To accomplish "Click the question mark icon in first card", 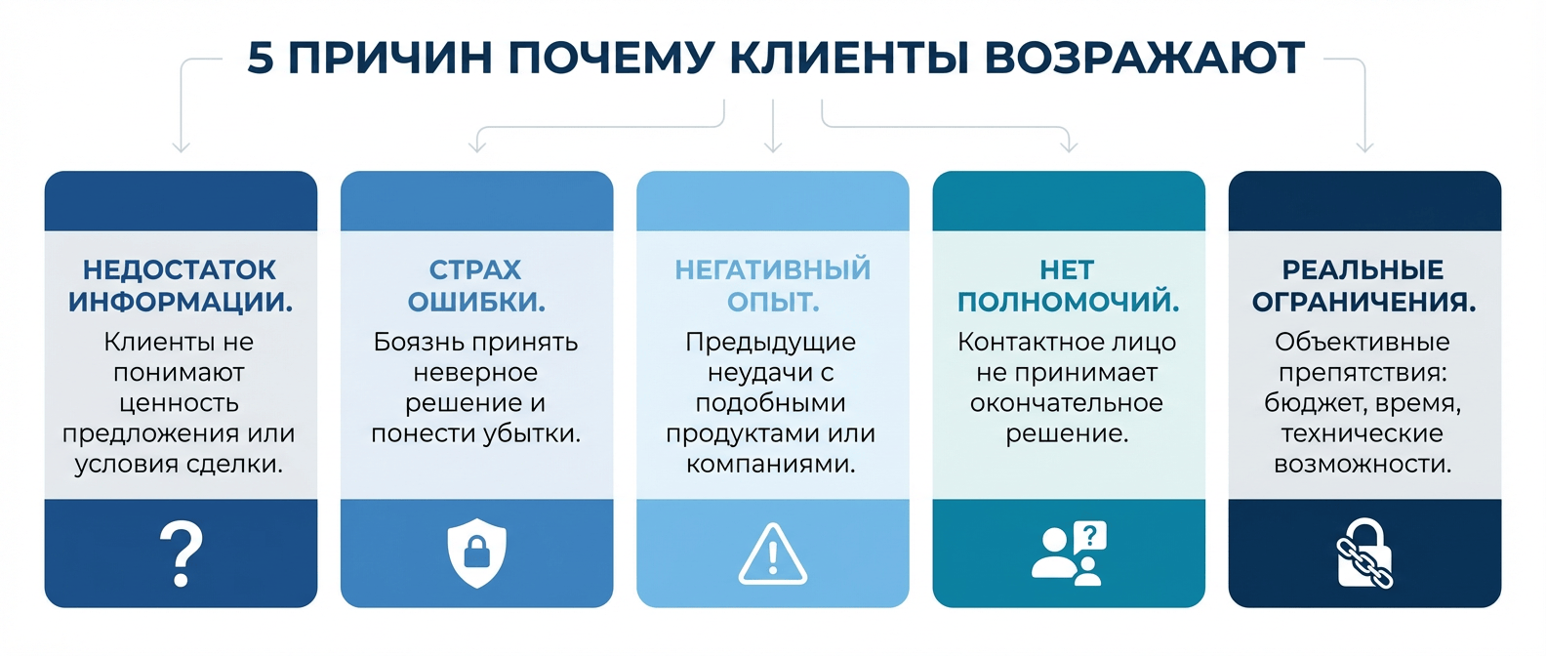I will point(181,553).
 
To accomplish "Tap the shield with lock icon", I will point(476,553).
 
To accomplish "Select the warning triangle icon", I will point(772,554).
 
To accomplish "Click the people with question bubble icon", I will point(1069,553).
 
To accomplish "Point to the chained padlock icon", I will point(1364,553).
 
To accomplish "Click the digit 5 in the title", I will point(261,58).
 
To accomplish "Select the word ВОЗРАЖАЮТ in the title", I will point(1144,58).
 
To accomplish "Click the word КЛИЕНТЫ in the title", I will point(848,58).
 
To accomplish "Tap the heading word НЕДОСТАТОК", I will point(180,269).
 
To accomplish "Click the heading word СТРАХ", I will point(475,269).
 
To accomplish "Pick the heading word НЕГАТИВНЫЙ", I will point(772,269).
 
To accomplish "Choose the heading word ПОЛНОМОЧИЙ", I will point(1068,302).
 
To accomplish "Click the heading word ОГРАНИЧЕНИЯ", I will point(1363,302).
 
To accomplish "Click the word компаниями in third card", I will point(771,464).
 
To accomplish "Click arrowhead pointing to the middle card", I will point(773,147).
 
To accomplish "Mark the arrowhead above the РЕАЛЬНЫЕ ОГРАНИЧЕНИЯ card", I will point(1364,147).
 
